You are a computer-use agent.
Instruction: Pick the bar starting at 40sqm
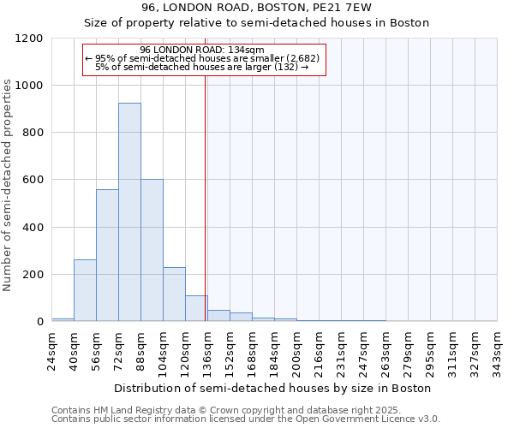[x=85, y=290]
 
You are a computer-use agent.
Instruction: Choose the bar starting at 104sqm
[x=174, y=294]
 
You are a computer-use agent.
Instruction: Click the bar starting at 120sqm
[x=196, y=308]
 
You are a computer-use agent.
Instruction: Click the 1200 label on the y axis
[x=28, y=39]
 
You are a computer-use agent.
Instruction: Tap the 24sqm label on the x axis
[x=52, y=348]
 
